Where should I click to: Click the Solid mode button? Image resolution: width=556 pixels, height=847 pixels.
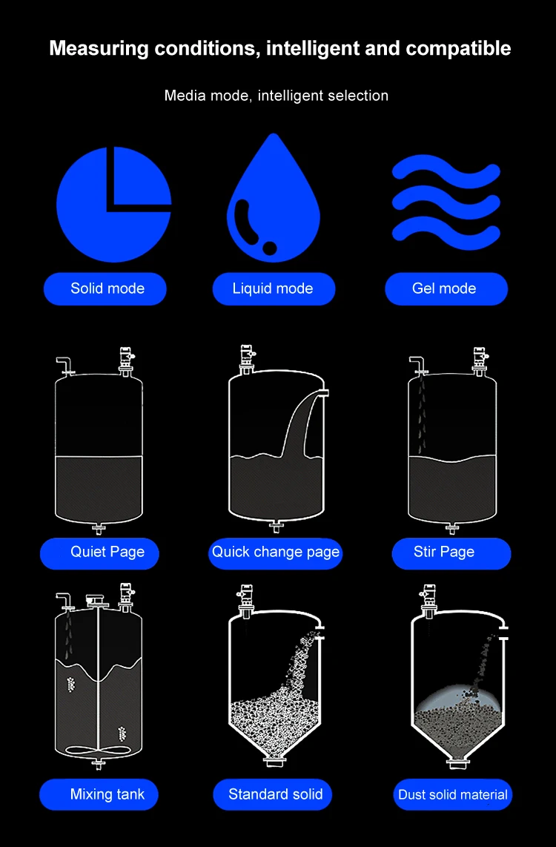tap(105, 289)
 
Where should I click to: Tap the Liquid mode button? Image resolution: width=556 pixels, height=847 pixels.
tap(274, 289)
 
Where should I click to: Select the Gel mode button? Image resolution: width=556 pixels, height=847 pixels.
tap(446, 289)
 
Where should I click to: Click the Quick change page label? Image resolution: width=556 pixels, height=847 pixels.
tap(275, 553)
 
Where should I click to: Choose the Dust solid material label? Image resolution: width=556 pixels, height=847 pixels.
tap(452, 795)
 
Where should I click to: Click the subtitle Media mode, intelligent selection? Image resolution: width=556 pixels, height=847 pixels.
tap(276, 96)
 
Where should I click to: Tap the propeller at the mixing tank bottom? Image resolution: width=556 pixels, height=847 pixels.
tap(98, 750)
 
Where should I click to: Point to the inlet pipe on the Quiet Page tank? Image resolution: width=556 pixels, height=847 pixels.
tap(64, 363)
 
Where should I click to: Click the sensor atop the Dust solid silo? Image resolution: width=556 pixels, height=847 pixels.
tap(428, 599)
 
